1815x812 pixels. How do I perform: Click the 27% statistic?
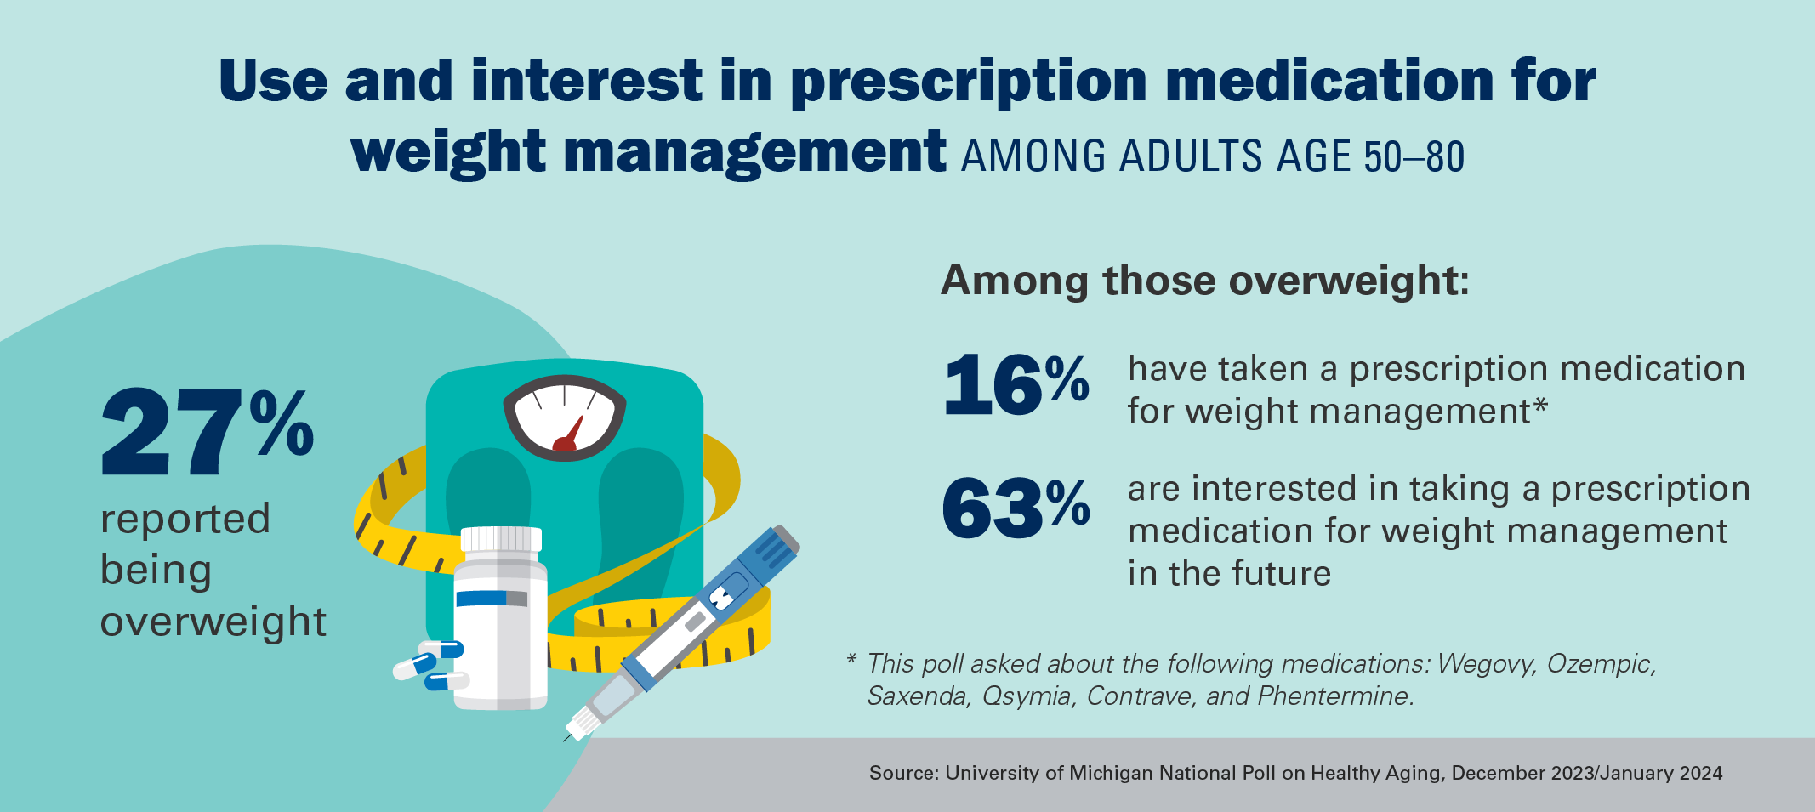click(x=207, y=431)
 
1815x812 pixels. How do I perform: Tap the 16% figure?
click(x=1016, y=386)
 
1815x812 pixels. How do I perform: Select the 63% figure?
click(x=1016, y=508)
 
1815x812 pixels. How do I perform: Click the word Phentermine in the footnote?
click(x=1334, y=696)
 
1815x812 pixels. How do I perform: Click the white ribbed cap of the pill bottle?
click(x=501, y=539)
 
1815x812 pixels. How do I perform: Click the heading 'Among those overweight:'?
click(x=1204, y=281)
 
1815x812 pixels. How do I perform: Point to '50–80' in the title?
click(x=1414, y=157)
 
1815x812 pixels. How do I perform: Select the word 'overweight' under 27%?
click(x=213, y=622)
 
